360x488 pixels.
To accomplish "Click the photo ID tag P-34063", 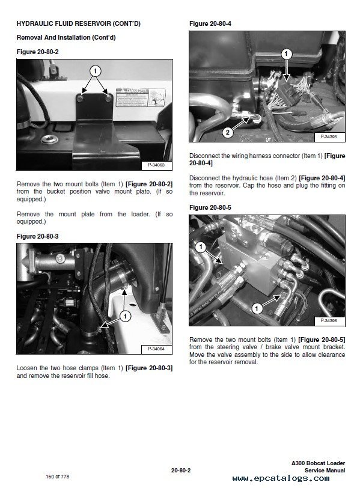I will [x=156, y=164].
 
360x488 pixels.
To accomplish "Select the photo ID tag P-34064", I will [x=156, y=349].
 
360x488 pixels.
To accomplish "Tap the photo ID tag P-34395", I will [x=329, y=137].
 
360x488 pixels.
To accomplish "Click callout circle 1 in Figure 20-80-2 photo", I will [x=94, y=70].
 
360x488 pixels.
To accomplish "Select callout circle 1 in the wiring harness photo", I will [x=285, y=54].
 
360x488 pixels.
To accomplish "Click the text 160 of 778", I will [x=58, y=477].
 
